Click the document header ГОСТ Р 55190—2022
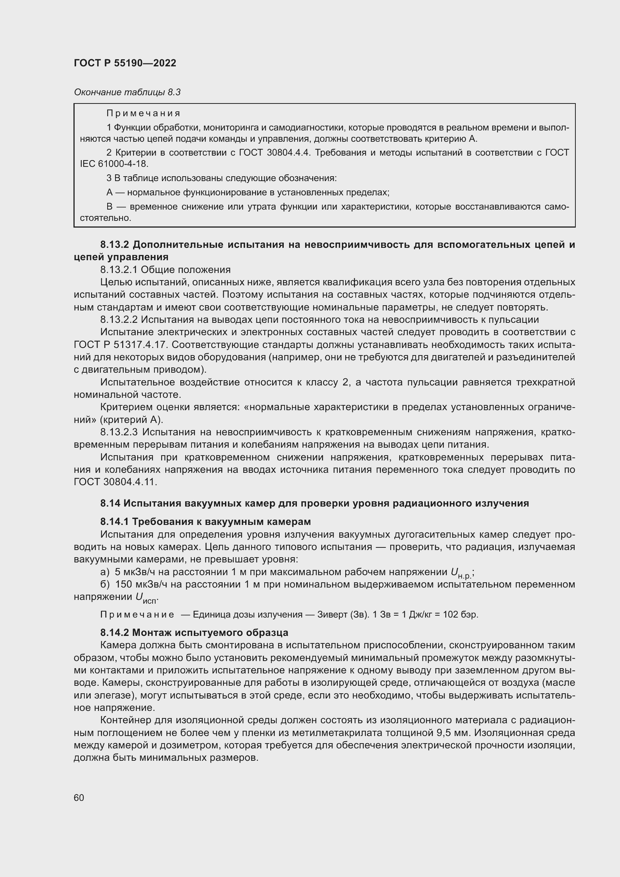point(125,63)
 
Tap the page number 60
point(79,798)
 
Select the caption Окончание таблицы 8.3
point(127,92)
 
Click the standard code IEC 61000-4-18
point(114,164)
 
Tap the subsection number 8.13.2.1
point(119,270)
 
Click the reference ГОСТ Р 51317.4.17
point(121,345)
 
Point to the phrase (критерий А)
point(131,420)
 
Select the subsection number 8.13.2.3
point(119,432)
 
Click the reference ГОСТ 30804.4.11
point(115,482)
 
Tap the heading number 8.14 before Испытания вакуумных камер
point(110,504)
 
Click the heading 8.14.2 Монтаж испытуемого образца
point(194,633)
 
